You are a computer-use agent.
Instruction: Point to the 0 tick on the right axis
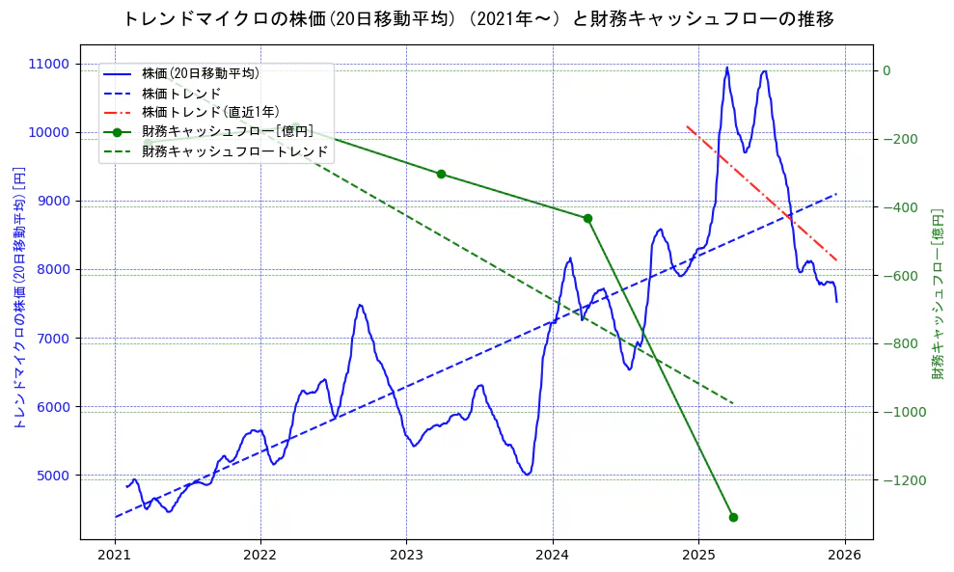pos(886,70)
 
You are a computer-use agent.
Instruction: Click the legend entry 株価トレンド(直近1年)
pos(210,112)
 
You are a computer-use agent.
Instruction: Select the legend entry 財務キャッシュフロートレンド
pos(235,151)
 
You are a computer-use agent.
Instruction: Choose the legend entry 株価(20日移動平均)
pos(200,72)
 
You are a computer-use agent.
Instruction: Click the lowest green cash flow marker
pos(733,517)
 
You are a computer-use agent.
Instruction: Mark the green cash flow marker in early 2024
pos(587,218)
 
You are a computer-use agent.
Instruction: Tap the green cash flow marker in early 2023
pos(441,174)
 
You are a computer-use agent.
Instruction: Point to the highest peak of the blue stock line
pos(726,68)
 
